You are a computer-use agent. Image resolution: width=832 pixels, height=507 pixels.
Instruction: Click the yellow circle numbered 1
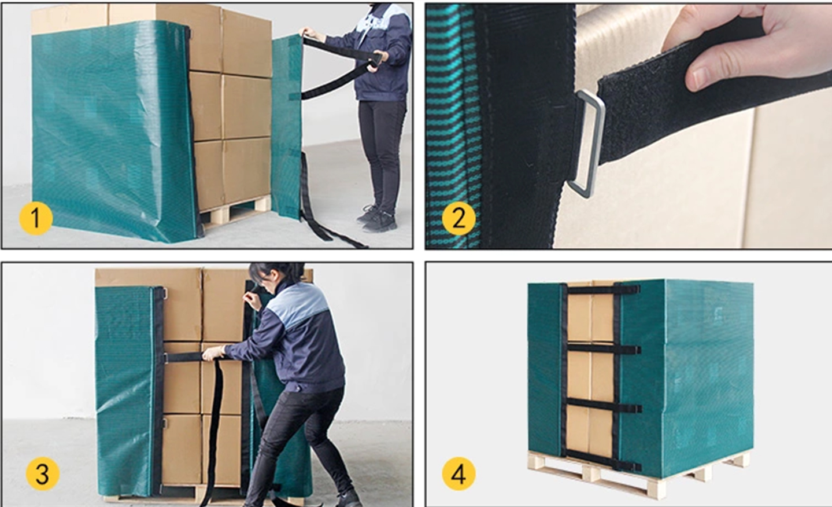click(x=36, y=218)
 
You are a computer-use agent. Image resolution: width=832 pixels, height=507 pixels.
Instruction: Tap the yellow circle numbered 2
click(x=458, y=218)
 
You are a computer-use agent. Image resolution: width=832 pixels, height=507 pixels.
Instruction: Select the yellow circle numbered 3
click(x=43, y=474)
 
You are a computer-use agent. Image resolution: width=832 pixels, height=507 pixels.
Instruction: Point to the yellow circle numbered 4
click(x=458, y=474)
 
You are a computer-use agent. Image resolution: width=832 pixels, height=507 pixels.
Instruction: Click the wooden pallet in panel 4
click(x=639, y=474)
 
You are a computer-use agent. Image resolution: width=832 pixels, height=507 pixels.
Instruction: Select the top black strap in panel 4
click(x=602, y=289)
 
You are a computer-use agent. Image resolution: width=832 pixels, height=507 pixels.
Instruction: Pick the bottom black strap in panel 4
click(x=602, y=460)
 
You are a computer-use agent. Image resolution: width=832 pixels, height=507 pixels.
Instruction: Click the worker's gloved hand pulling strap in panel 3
click(x=213, y=353)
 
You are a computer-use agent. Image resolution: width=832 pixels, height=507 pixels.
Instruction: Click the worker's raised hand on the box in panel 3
click(x=252, y=300)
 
